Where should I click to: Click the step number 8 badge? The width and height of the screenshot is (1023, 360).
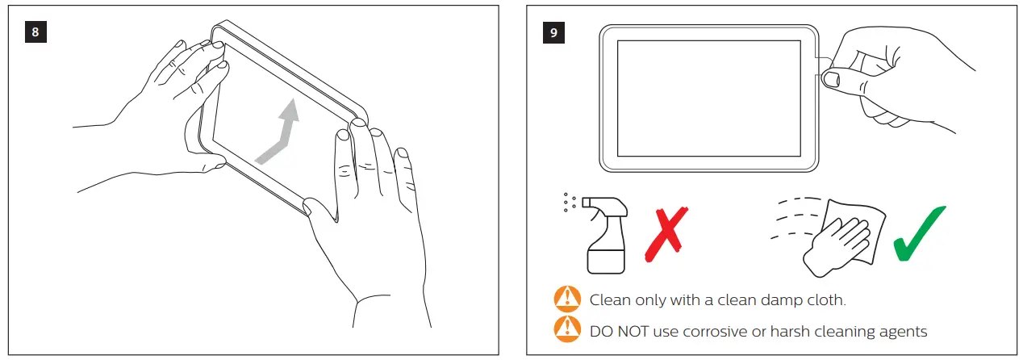pyautogui.click(x=35, y=32)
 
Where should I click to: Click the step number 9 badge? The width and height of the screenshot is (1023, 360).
pyautogui.click(x=553, y=32)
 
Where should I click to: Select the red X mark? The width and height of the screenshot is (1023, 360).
pyautogui.click(x=666, y=234)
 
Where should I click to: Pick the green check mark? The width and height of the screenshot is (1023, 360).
pyautogui.click(x=919, y=233)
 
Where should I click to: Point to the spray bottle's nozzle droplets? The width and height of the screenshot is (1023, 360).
pyautogui.click(x=570, y=203)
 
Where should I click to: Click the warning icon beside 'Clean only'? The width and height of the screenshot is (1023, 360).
pyautogui.click(x=567, y=299)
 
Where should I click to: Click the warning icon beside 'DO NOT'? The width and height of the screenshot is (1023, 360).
pyautogui.click(x=567, y=329)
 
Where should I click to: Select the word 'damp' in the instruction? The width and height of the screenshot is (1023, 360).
pyautogui.click(x=781, y=300)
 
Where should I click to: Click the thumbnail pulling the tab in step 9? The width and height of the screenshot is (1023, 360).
pyautogui.click(x=831, y=79)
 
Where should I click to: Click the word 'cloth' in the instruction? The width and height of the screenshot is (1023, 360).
pyautogui.click(x=827, y=299)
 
